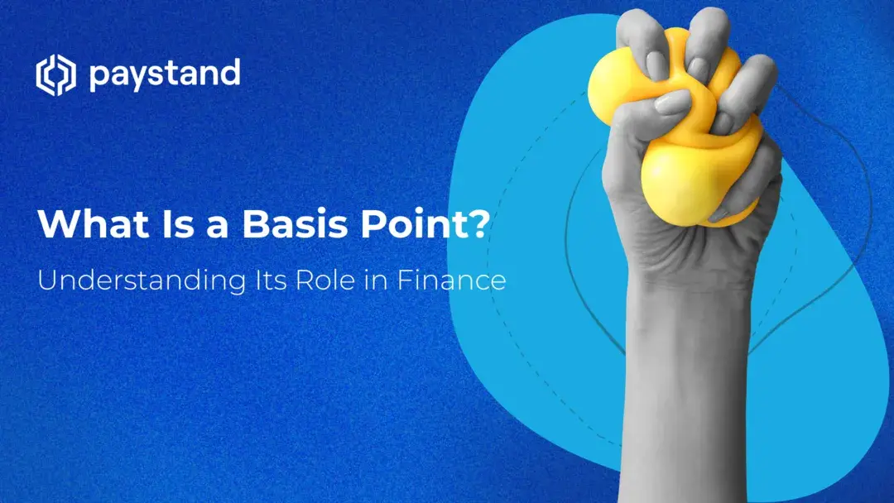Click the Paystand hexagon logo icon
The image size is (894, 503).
(55, 75)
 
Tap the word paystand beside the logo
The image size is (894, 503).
(164, 75)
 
